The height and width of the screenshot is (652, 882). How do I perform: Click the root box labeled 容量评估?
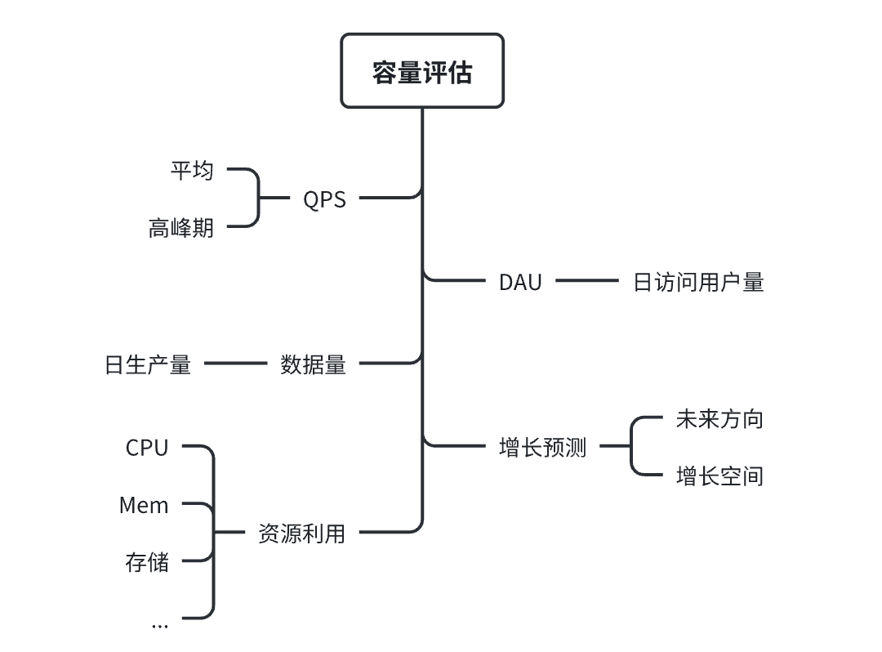tap(421, 71)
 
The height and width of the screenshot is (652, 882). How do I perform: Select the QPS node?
tap(324, 199)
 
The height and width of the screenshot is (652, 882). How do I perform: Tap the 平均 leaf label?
tap(192, 170)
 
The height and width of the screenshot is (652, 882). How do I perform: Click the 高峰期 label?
tap(180, 227)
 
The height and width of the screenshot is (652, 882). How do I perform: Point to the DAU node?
tap(520, 282)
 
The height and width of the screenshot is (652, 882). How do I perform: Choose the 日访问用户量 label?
tap(698, 282)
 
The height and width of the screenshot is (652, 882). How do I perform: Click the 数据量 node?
tap(313, 364)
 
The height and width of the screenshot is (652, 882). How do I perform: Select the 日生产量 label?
tap(148, 364)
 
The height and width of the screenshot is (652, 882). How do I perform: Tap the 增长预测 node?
tap(542, 448)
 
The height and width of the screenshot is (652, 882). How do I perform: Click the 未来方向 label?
tap(719, 419)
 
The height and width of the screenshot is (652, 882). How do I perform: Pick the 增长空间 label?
tap(719, 476)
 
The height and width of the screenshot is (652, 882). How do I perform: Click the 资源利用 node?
tap(301, 534)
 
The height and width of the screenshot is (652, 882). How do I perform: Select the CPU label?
tap(147, 448)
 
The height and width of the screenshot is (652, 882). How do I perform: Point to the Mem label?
tap(144, 505)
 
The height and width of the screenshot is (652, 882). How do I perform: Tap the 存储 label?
tap(147, 562)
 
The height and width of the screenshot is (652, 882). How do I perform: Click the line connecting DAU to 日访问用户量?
tap(586, 281)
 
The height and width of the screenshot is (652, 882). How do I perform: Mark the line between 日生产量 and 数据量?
tap(235, 363)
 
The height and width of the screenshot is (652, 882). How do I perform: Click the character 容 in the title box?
tap(385, 73)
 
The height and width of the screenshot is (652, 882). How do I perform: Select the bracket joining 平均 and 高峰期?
tap(259, 198)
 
